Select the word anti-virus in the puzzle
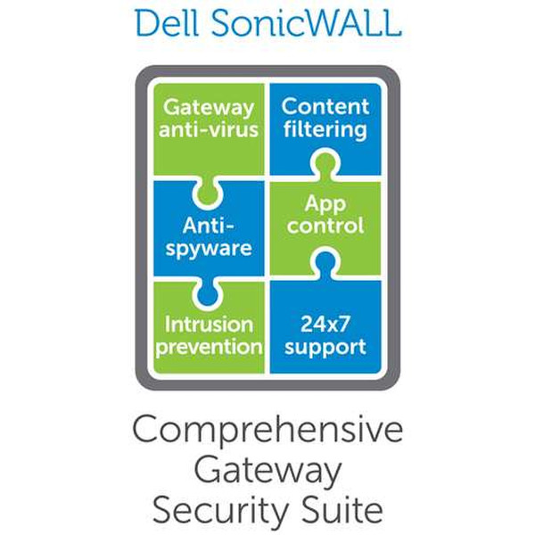[x=210, y=129]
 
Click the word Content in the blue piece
[x=325, y=106]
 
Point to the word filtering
[x=325, y=129]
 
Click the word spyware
[x=210, y=248]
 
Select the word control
[x=325, y=227]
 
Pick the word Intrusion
[x=210, y=323]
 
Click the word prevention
[x=210, y=345]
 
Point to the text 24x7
[x=325, y=323]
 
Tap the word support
[x=325, y=345]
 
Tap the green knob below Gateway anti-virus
[x=210, y=188]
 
